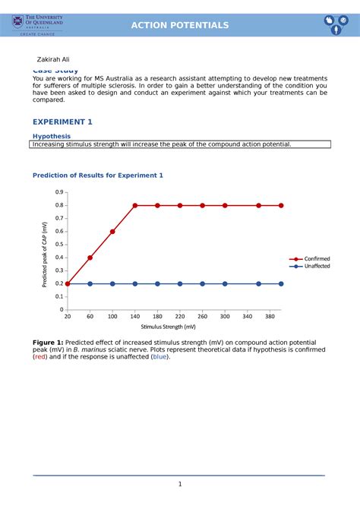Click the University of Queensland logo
(37, 25)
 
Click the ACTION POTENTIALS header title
(180, 25)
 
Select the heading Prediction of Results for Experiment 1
(97, 175)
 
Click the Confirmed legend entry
(317, 258)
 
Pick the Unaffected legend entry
(317, 267)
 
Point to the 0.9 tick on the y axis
(58, 192)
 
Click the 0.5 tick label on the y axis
(58, 245)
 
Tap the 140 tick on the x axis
(135, 315)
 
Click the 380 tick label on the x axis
(270, 315)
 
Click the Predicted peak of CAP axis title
(45, 254)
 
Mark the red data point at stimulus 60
(90, 258)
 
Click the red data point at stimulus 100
(112, 232)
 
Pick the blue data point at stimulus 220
(180, 283)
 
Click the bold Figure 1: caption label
(48, 343)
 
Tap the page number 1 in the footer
(180, 485)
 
